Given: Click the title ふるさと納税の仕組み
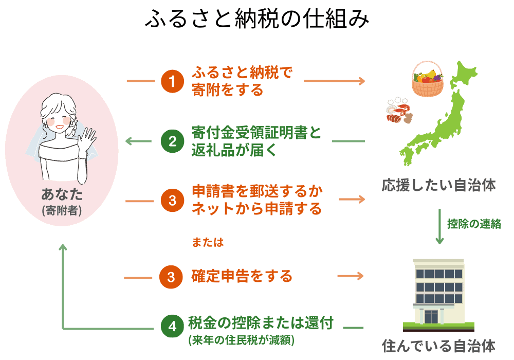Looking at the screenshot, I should click(x=257, y=20).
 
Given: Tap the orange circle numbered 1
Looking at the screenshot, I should click(x=172, y=81).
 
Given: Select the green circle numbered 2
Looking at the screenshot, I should click(x=172, y=141).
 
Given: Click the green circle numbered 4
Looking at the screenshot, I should click(x=172, y=326).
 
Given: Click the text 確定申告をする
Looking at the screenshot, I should click(x=242, y=276).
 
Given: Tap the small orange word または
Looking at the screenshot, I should click(x=208, y=242).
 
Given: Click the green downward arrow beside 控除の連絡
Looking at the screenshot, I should click(x=439, y=226).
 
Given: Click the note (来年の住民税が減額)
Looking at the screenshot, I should click(x=244, y=340).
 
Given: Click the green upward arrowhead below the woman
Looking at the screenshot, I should click(x=63, y=248).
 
